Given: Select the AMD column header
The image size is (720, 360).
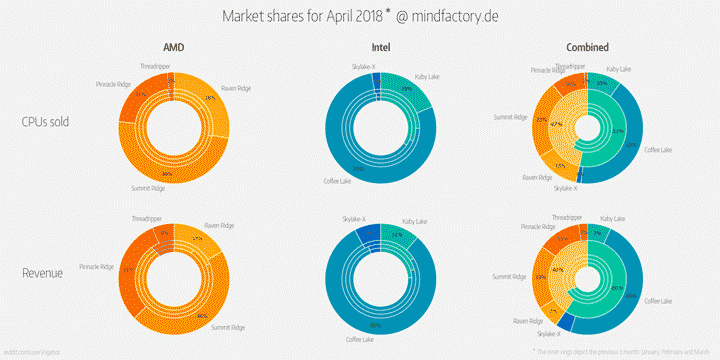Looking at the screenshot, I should click(174, 47).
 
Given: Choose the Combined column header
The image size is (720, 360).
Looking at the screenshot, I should click(586, 47).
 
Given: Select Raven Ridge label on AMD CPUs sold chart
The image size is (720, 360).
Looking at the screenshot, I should click(236, 87).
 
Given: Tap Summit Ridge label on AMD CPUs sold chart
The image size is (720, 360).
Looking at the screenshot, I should click(148, 187).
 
